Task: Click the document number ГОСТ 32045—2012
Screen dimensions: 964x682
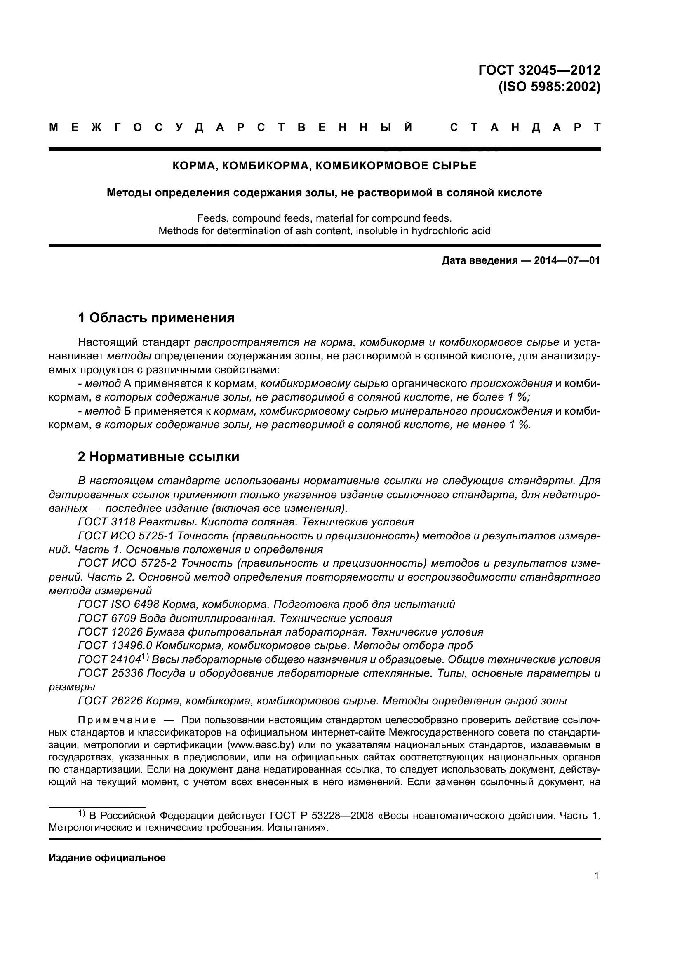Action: pos(539,70)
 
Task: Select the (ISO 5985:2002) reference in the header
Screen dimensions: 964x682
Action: pos(549,87)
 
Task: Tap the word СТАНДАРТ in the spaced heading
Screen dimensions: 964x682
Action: pos(525,128)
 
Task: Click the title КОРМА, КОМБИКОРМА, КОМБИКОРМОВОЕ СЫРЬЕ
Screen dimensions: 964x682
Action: pos(325,166)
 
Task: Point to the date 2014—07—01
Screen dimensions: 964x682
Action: pos(567,261)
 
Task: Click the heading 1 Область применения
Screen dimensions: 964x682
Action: pos(156,318)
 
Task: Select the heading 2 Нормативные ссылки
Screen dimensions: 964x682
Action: pos(158,456)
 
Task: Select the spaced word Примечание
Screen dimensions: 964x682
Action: pos(117,720)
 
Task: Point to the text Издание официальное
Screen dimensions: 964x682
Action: pos(107,858)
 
